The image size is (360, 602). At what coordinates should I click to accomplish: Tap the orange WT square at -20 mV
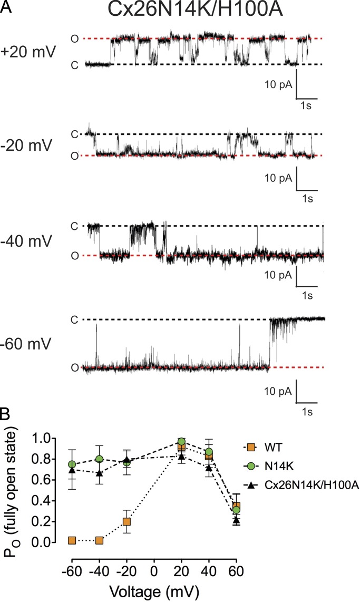pyautogui.click(x=127, y=522)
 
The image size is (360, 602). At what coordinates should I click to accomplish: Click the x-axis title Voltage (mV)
pyautogui.click(x=154, y=590)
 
